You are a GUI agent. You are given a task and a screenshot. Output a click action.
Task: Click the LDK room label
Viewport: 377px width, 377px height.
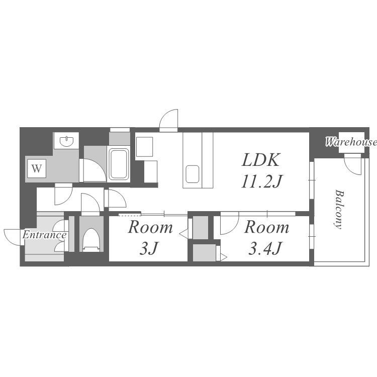click(261, 160)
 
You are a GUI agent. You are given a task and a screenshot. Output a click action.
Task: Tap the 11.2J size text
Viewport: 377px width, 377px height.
click(261, 181)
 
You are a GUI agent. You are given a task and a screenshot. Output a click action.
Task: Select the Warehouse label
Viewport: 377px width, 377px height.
click(351, 142)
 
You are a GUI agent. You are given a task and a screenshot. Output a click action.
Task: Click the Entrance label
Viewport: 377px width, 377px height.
click(44, 235)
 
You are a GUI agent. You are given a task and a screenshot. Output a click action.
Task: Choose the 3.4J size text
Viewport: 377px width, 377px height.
click(264, 248)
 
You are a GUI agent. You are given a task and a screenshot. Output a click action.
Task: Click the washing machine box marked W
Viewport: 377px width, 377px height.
click(37, 168)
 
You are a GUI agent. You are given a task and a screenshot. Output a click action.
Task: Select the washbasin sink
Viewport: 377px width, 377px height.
click(66, 141)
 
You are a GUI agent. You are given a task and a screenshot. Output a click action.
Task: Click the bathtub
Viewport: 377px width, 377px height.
click(119, 164)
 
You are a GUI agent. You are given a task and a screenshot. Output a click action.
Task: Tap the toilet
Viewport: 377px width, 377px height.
click(91, 240)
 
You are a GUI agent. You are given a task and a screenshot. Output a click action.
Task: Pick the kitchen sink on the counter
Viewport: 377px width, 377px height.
click(193, 174)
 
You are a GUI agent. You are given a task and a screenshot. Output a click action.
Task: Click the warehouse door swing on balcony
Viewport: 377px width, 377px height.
click(353, 165)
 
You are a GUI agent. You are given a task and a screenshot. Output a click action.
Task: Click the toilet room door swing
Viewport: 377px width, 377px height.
click(90, 202)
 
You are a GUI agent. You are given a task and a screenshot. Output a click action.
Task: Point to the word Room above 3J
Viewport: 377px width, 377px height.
click(150, 227)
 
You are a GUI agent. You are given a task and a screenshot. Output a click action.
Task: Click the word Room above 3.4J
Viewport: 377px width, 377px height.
click(266, 227)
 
